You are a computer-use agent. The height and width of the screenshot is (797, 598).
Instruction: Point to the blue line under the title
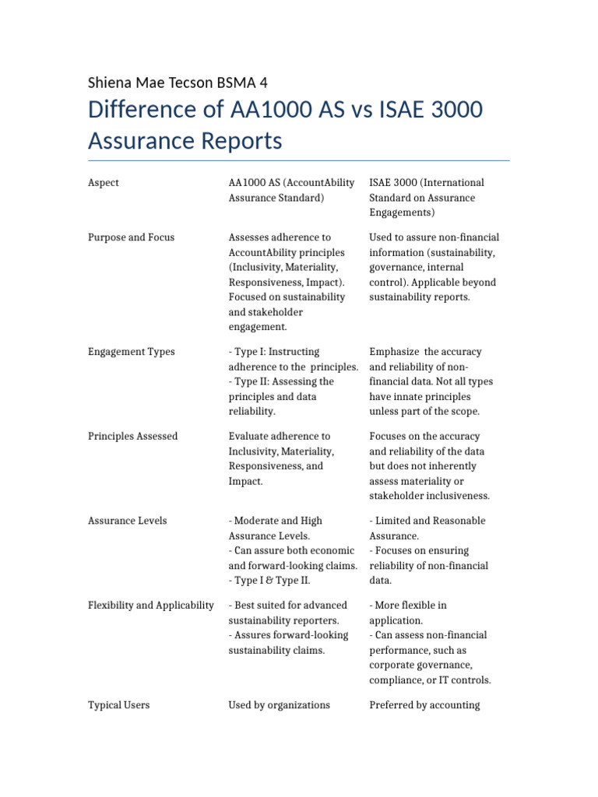299,160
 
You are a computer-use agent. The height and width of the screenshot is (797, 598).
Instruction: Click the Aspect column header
104,183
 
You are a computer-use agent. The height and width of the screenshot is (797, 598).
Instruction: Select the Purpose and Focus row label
131,237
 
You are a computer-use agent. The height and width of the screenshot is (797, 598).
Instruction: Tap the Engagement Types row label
131,352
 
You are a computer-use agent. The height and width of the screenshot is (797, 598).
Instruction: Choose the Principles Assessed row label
133,437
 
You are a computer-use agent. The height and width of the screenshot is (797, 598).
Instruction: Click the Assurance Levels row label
127,521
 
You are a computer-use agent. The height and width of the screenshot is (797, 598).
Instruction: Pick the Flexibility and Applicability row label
151,606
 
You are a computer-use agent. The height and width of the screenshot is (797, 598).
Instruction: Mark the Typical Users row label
119,705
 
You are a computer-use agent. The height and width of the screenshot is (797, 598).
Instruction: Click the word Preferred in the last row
393,705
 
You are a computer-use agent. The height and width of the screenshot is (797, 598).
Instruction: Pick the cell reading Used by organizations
279,705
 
